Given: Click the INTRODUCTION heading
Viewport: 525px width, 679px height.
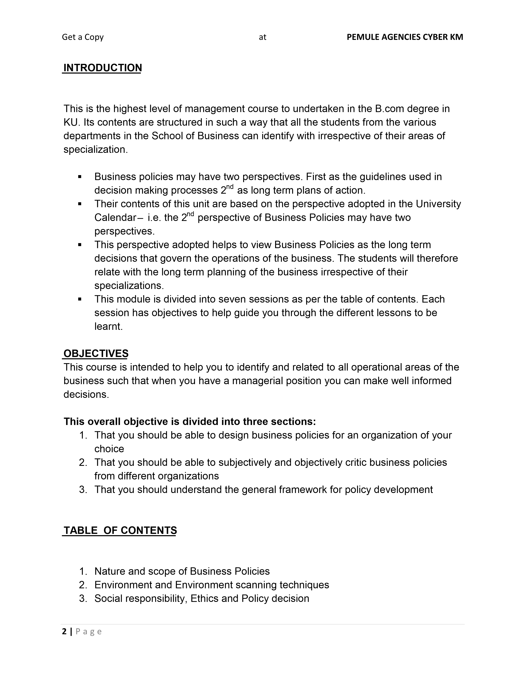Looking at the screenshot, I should (103, 68).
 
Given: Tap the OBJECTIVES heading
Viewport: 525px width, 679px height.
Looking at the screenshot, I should (96, 353).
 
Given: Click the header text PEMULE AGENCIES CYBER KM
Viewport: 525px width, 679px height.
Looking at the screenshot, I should (405, 37).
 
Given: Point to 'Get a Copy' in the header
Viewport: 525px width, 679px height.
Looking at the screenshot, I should (83, 37).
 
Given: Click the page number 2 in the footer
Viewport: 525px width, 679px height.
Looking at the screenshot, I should (64, 631).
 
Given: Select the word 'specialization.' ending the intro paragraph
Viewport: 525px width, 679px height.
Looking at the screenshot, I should (96, 150).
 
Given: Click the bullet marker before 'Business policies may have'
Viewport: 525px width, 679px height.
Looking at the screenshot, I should (80, 177).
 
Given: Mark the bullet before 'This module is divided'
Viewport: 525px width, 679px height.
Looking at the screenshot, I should (80, 299).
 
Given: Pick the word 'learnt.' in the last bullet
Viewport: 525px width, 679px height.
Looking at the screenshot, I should (108, 327).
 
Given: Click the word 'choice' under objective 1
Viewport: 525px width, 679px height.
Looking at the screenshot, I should (109, 449).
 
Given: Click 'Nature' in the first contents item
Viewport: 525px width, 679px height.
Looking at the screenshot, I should (110, 571).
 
